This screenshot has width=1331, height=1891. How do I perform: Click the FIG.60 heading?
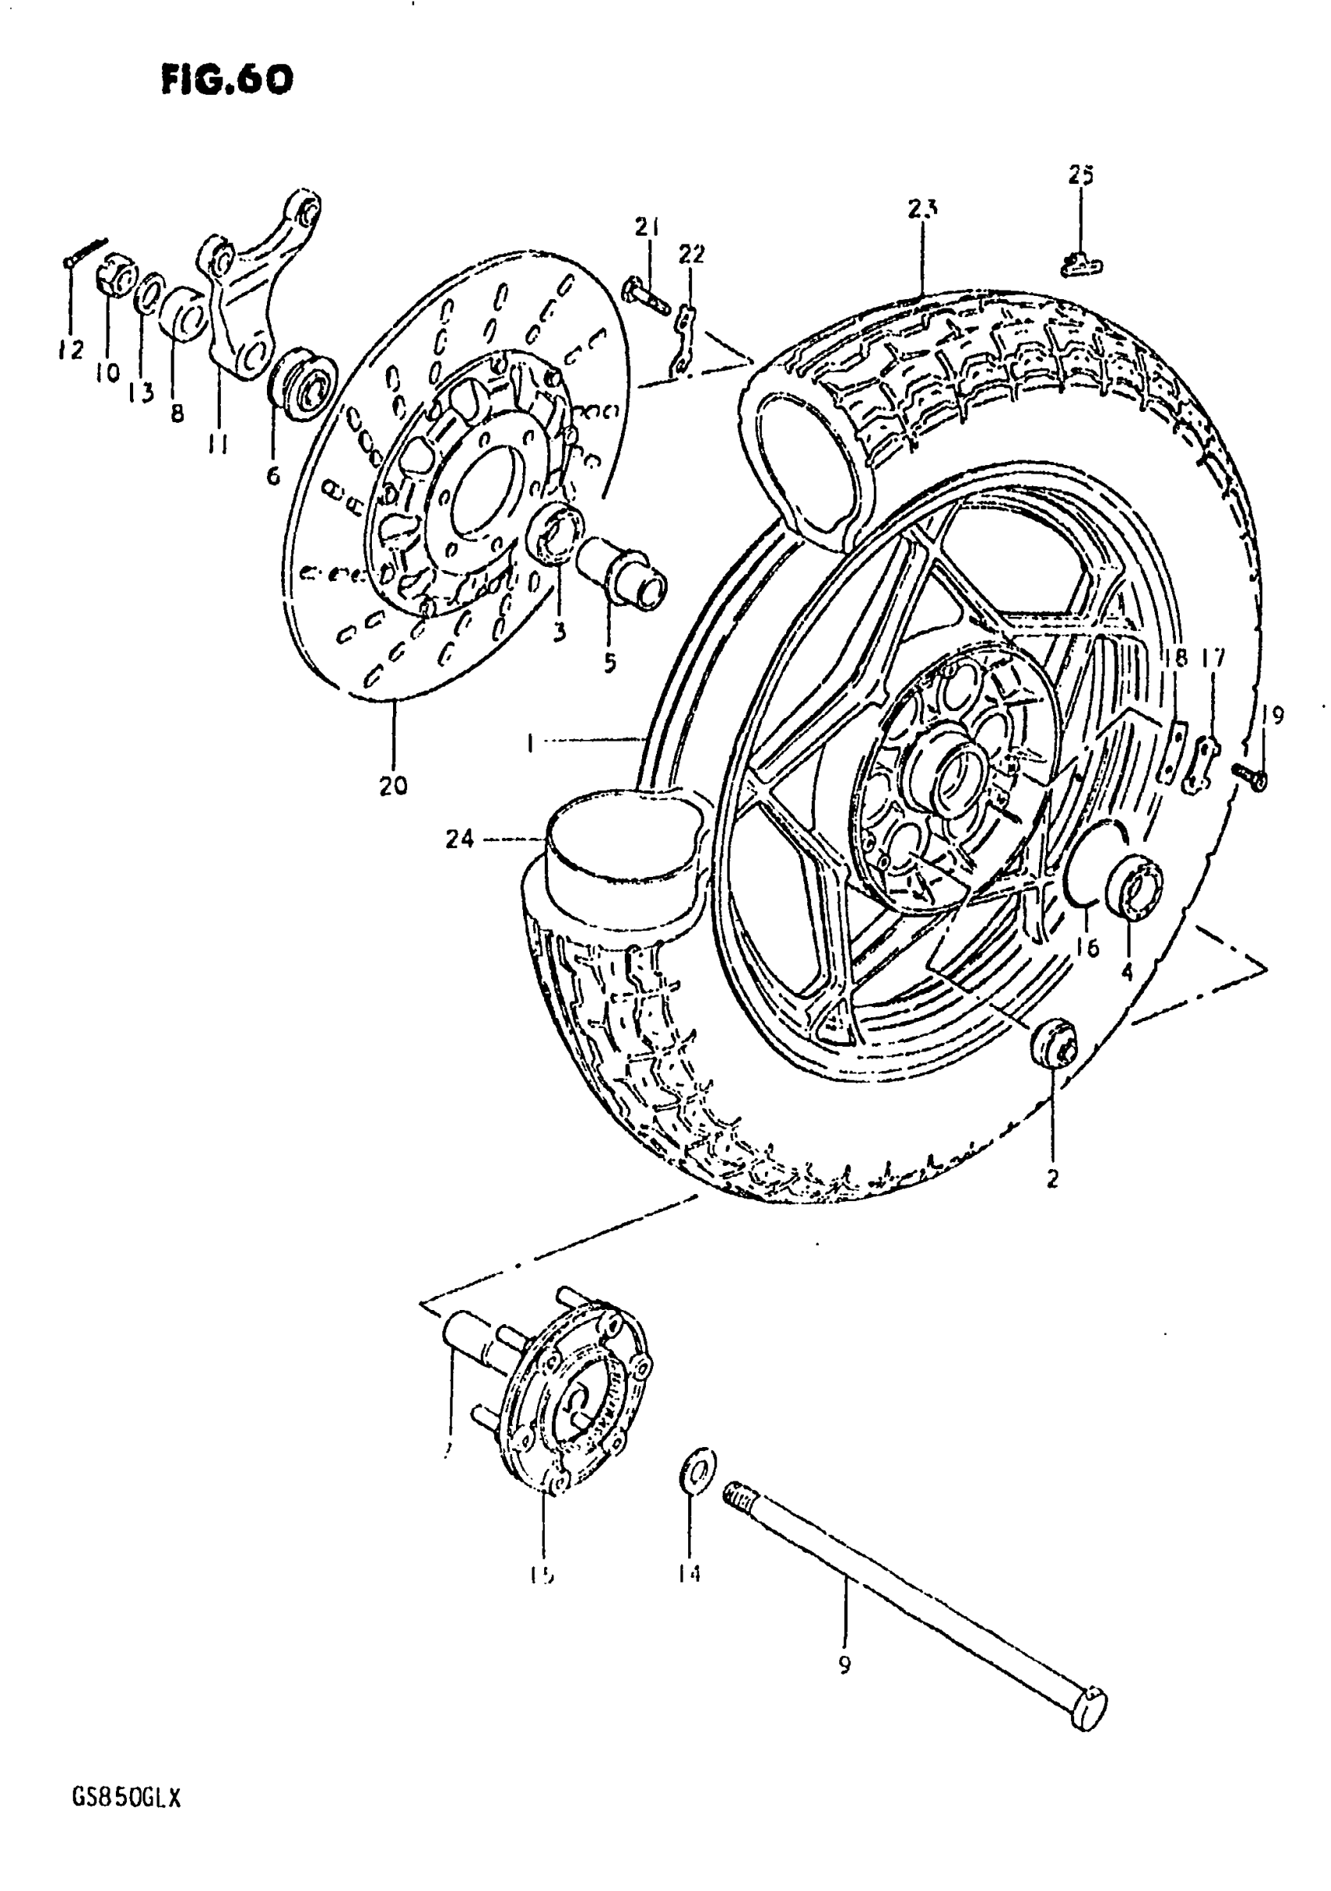pos(226,80)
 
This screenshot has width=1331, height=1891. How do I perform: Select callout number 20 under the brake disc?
pos(393,785)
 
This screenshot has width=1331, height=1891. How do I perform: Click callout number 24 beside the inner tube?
pos(460,839)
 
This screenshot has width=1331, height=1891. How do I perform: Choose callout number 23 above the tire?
pos(922,209)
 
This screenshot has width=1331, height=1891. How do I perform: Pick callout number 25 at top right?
pos(1080,175)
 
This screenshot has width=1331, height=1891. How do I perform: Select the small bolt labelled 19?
pos(1250,775)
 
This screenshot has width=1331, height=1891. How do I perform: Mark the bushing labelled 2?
pos(1053,1044)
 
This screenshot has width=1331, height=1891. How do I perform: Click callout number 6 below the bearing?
pos(272,475)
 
